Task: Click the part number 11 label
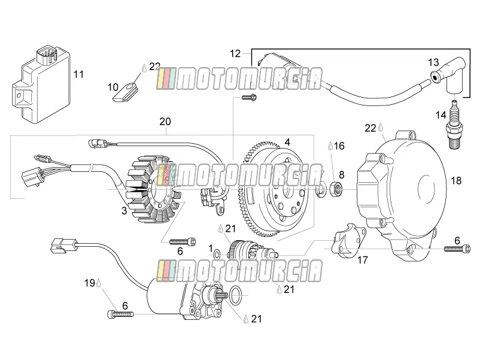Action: (x=78, y=74)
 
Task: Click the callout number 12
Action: (x=235, y=54)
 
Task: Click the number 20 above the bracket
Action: (x=165, y=122)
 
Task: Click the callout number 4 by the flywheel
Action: (x=287, y=142)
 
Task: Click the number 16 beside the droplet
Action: (x=339, y=146)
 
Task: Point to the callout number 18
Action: (x=456, y=180)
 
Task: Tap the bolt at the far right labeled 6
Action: (x=457, y=249)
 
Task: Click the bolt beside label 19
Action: (x=121, y=314)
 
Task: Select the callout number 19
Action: (x=90, y=283)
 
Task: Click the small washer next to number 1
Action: (x=217, y=254)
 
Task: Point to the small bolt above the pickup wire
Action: (x=249, y=98)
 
